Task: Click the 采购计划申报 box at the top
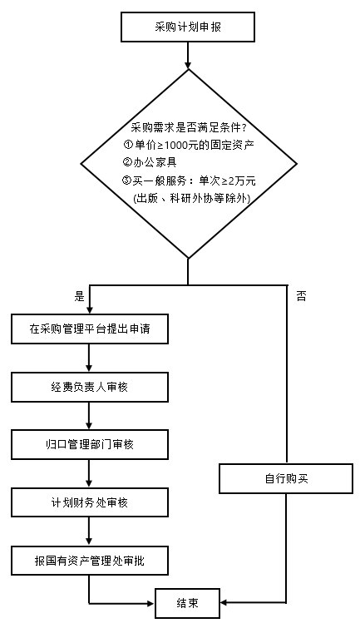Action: [x=188, y=27]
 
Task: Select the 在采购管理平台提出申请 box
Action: [x=89, y=329]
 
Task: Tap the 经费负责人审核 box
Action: [x=89, y=387]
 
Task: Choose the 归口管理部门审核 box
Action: [x=89, y=445]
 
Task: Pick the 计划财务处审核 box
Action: [x=89, y=502]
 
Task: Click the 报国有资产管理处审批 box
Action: [x=89, y=561]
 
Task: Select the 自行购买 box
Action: [x=286, y=479]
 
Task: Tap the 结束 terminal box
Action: [x=187, y=602]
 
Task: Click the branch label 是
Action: [x=80, y=295]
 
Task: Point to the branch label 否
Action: [x=300, y=295]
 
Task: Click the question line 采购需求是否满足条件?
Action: [x=189, y=128]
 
